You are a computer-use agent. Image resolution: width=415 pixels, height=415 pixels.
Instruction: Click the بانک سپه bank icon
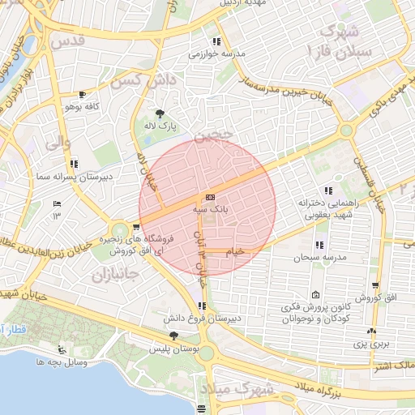[211, 197]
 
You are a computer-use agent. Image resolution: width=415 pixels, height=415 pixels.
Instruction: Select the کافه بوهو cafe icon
[81, 94]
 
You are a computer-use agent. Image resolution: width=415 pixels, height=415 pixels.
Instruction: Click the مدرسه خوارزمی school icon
[216, 41]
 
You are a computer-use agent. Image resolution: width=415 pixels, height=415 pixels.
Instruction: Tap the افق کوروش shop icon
[375, 285]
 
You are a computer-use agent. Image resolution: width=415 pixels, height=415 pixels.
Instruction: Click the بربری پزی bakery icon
[372, 331]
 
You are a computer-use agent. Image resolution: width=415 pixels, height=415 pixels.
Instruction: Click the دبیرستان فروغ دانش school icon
[201, 306]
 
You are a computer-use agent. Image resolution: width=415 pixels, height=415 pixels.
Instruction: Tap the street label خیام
[234, 252]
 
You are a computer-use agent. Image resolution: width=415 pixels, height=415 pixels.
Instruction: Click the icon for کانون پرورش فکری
[314, 294]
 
